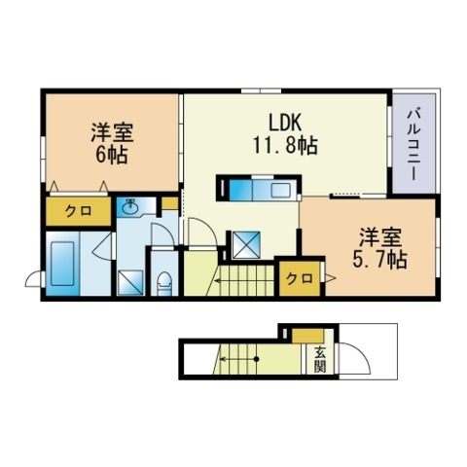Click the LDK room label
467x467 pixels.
[x=285, y=122]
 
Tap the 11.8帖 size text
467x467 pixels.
[x=285, y=145]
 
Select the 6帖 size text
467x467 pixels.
[x=111, y=155]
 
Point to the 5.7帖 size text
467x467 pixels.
[x=379, y=260]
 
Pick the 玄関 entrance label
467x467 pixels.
[x=320, y=359]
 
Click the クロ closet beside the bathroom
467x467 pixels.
[x=78, y=211]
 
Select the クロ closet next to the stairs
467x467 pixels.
[x=300, y=278]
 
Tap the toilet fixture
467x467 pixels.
[x=164, y=283]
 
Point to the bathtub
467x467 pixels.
[x=62, y=264]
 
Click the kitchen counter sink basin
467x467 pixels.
[x=281, y=190]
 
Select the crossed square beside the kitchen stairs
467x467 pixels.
[x=246, y=245]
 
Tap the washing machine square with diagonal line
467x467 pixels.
[x=130, y=282]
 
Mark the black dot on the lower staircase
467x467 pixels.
[x=256, y=359]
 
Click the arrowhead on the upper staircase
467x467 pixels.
[x=215, y=280]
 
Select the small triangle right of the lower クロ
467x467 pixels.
[x=330, y=278]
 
